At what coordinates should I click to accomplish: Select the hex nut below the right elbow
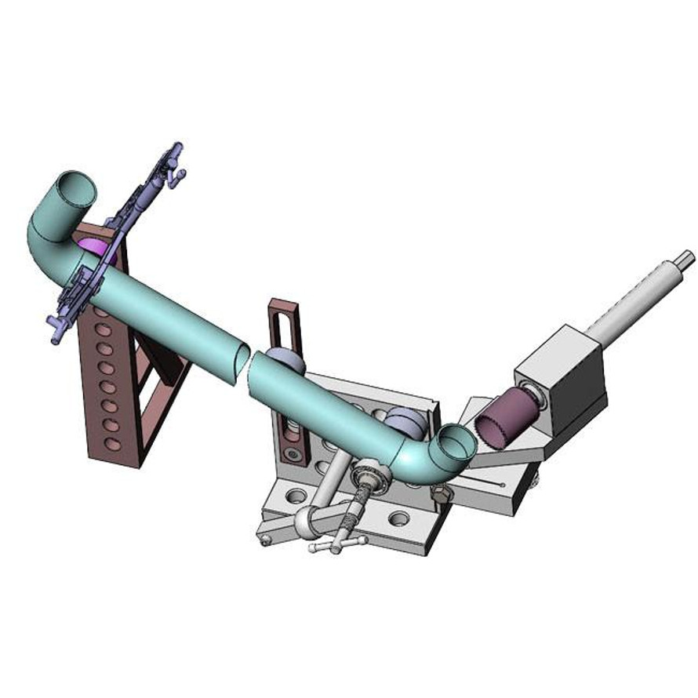click(x=441, y=494)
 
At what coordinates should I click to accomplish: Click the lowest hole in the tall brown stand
click(x=113, y=445)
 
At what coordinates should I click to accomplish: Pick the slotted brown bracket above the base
click(x=281, y=329)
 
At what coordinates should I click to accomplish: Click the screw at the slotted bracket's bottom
click(x=293, y=454)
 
